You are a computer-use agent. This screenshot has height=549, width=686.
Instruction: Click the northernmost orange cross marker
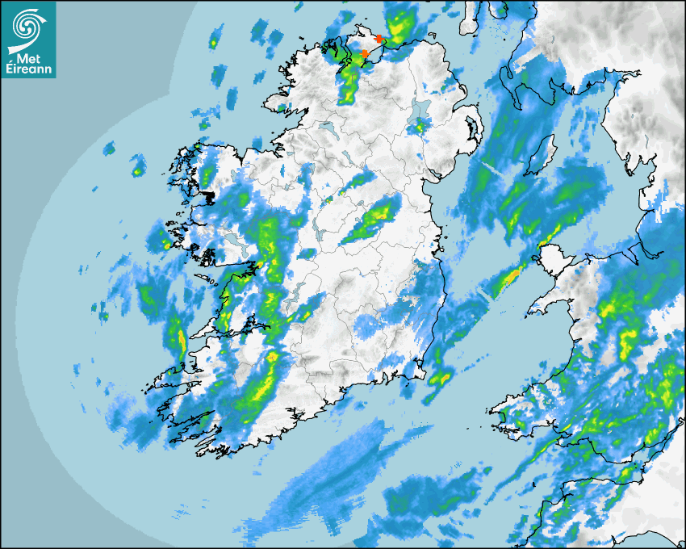[380, 39]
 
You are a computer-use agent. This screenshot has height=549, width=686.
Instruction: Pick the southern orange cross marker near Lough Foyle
[365, 53]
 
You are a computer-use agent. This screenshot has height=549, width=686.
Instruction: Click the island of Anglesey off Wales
[551, 262]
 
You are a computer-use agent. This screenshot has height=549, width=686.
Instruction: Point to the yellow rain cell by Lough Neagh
[419, 126]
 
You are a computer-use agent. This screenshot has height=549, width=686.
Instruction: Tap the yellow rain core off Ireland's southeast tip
[441, 377]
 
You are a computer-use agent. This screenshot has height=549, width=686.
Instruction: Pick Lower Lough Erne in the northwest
[328, 128]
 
